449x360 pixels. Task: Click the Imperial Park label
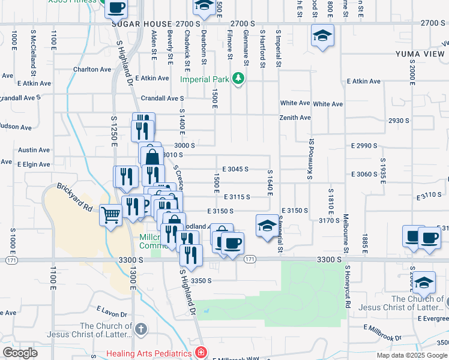click(x=205, y=79)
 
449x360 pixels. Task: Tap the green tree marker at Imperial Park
click(x=239, y=79)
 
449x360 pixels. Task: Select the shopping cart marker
click(x=111, y=215)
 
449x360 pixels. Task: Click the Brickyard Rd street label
click(x=74, y=197)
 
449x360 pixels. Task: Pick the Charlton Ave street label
click(x=92, y=69)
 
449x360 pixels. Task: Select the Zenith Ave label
click(x=295, y=118)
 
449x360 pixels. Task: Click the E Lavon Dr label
click(x=112, y=311)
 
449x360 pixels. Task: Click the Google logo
click(x=20, y=353)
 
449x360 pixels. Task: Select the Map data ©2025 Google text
click(x=412, y=355)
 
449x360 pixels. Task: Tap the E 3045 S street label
click(x=235, y=169)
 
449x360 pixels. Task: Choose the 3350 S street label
click(x=202, y=280)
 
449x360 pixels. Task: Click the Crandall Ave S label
click(x=162, y=98)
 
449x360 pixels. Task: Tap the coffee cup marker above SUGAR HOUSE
click(x=116, y=9)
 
